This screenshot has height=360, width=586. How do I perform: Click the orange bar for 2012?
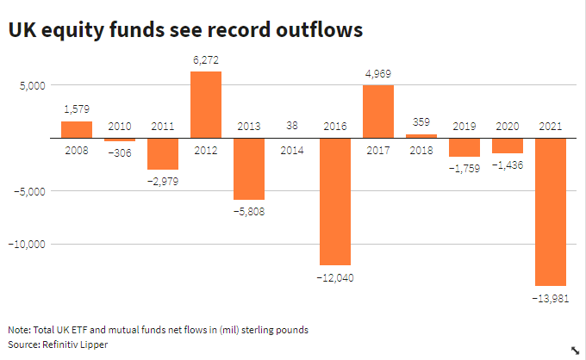pos(206,104)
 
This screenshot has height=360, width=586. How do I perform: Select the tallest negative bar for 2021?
pos(550,212)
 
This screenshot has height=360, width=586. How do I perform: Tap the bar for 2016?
pos(335,202)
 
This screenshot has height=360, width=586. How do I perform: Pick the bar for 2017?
pos(378,111)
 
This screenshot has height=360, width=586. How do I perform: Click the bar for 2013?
pos(249,169)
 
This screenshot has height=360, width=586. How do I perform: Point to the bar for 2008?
pos(77,130)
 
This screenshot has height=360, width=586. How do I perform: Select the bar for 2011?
pos(163,154)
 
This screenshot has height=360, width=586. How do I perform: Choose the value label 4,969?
pos(378,75)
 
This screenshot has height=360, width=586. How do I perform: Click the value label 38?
pos(292,127)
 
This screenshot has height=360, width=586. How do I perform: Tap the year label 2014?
pos(292,150)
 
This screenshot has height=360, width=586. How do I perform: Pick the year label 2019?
pos(464,127)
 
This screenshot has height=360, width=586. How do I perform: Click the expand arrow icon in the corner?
pos(575,350)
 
